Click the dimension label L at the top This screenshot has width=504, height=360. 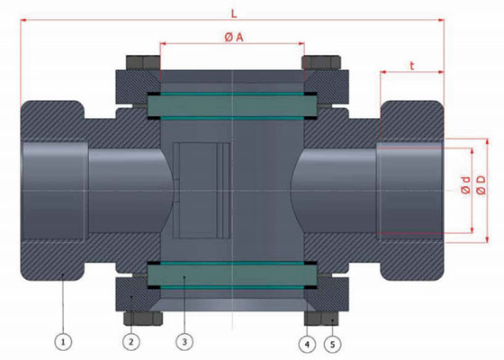234,13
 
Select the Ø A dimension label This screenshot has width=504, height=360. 234,37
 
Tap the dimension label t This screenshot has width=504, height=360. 412,66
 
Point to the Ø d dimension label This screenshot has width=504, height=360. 465,185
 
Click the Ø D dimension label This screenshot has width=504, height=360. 481,185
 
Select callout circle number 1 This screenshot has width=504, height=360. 63,342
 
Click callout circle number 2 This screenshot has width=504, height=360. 131,342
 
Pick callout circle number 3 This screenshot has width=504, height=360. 184,342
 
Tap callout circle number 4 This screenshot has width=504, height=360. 307,344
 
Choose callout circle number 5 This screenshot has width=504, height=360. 333,344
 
